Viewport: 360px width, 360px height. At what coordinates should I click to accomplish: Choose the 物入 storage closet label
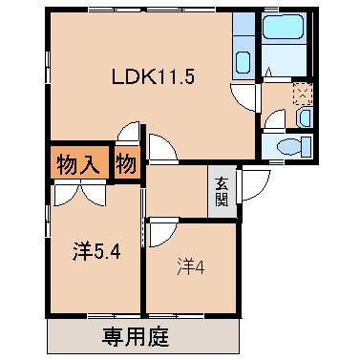(75, 162)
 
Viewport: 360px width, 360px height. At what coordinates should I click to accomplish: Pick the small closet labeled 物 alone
(126, 162)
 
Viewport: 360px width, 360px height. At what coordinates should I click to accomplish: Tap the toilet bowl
(290, 146)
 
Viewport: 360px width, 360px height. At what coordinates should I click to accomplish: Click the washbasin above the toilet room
(303, 116)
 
